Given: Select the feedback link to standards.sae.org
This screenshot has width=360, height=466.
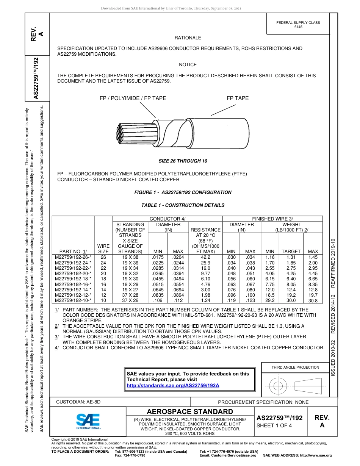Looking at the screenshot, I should (x=173, y=385).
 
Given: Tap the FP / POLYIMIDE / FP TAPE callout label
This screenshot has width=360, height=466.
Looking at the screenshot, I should (x=133, y=98).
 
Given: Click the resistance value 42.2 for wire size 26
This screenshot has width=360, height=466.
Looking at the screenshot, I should (x=206, y=257).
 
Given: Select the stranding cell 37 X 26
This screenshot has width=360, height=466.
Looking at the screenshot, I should (x=130, y=300).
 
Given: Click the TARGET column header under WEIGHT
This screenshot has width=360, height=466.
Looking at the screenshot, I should (x=291, y=251).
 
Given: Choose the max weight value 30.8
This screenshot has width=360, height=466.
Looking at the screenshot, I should (x=313, y=301).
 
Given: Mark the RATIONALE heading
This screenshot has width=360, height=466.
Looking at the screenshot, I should (x=188, y=38).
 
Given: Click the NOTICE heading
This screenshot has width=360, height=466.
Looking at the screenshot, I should (x=188, y=65).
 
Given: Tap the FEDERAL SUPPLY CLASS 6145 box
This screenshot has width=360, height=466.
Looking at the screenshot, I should (x=298, y=25).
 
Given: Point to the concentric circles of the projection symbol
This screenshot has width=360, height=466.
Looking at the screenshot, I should (x=279, y=386).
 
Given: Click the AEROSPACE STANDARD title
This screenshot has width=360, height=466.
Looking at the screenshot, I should (x=190, y=412).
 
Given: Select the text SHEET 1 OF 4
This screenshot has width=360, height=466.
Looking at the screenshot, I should (x=274, y=425).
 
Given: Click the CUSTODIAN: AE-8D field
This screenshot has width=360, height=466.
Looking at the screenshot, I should (x=78, y=402).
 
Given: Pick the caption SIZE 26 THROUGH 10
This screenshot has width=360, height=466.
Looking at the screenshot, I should (x=183, y=161).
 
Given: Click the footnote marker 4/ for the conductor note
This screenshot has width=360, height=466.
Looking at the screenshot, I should (x=56, y=347).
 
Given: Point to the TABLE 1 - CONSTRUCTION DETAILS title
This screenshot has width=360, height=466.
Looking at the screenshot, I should (x=183, y=205).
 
